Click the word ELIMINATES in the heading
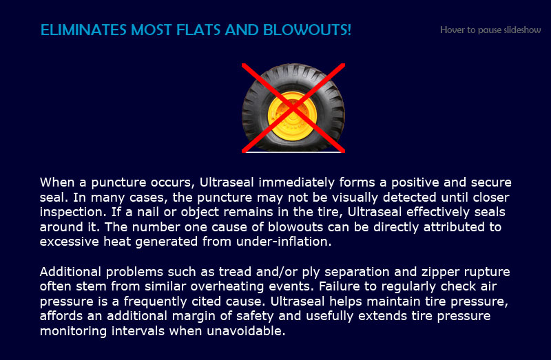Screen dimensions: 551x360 point(83,30)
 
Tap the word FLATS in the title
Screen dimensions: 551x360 point(198,30)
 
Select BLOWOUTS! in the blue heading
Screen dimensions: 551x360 point(306,30)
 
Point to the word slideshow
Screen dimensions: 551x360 point(522,30)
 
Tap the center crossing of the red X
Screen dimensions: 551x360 point(293,108)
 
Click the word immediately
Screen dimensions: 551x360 point(297,182)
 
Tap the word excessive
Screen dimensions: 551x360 point(70,242)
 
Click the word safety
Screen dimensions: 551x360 point(255,316)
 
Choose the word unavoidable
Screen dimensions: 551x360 point(246,331)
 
